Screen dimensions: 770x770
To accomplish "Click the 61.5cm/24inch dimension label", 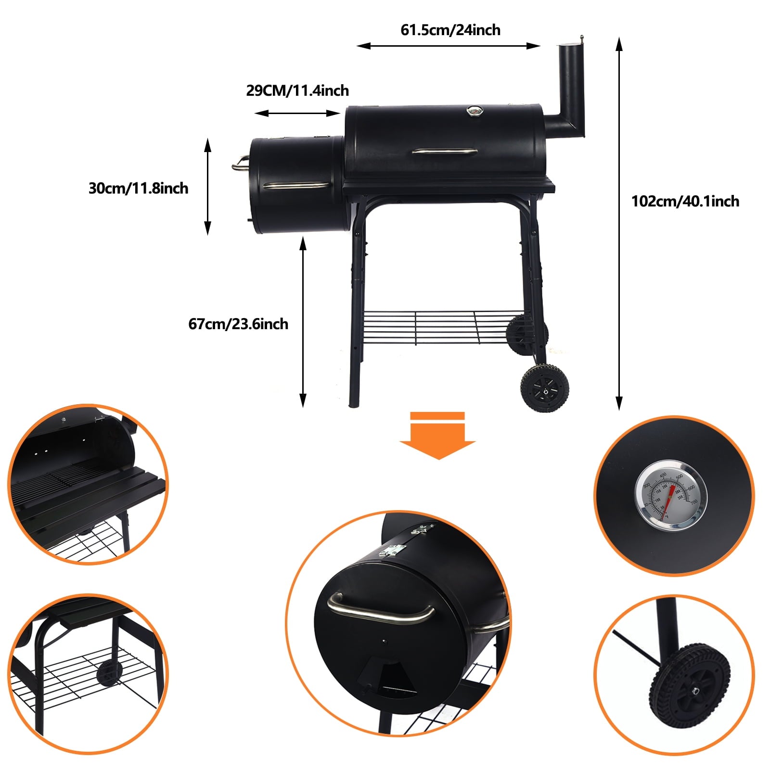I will pos(450,30).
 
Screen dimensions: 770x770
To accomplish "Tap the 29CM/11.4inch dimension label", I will pos(297,90).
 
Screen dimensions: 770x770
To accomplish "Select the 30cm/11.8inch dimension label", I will pos(138,188).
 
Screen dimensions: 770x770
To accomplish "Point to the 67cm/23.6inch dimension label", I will pos(238,323).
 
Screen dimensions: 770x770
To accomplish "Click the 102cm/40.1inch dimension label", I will pos(685,201).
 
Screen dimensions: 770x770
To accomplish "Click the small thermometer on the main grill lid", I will pos(474,111).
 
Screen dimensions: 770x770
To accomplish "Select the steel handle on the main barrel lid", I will pos(445,151).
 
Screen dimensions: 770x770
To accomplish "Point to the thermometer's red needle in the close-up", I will pos(668,500).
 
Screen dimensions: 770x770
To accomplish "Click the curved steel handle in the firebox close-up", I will pos(380,609).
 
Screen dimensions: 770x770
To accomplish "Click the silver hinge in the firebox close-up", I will pos(392,550).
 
